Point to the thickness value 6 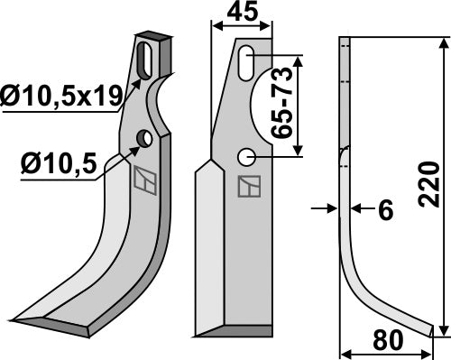(386, 210)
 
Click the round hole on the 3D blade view (143, 138)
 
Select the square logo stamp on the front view (247, 186)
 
